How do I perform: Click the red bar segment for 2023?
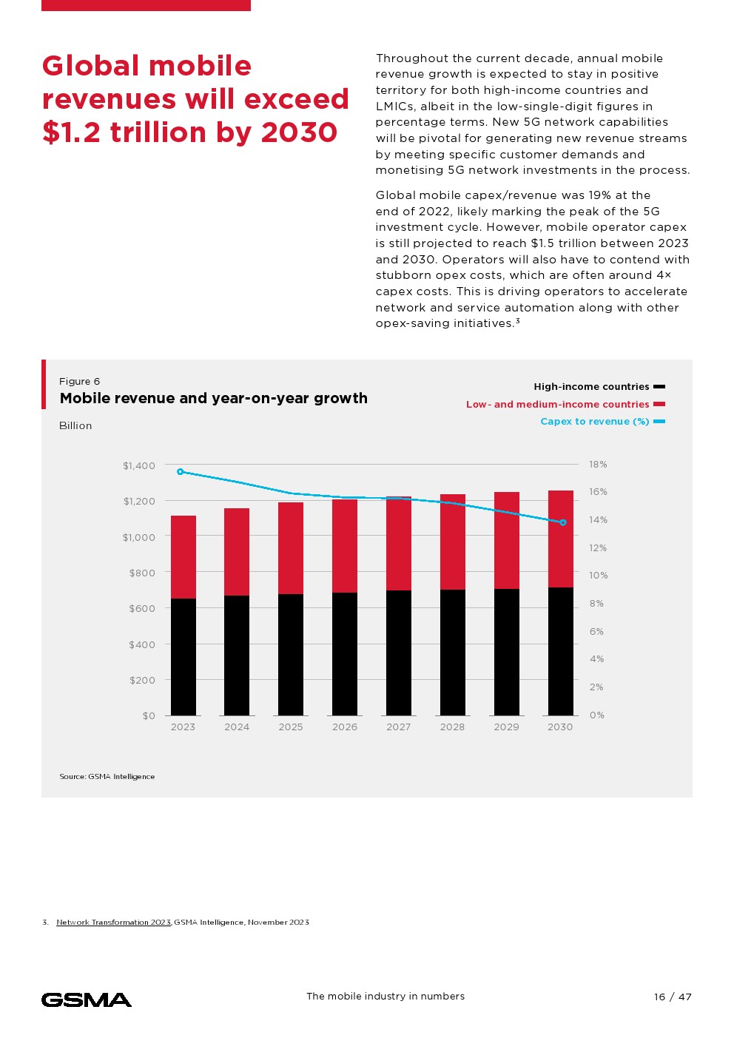pyautogui.click(x=183, y=556)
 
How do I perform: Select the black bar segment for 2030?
pyautogui.click(x=560, y=651)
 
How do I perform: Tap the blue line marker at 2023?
pyautogui.click(x=180, y=471)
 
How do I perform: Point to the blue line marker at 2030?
pyautogui.click(x=563, y=522)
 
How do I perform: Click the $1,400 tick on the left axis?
pyautogui.click(x=139, y=465)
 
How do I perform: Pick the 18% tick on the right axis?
pyautogui.click(x=598, y=464)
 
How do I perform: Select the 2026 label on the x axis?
pyautogui.click(x=345, y=727)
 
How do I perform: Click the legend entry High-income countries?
pyautogui.click(x=591, y=386)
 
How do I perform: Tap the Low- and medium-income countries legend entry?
pyautogui.click(x=557, y=404)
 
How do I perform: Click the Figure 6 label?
pyautogui.click(x=79, y=381)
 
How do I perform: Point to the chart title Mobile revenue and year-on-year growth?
pyautogui.click(x=213, y=398)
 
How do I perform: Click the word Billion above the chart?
pyautogui.click(x=75, y=425)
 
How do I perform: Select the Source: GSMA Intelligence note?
pyautogui.click(x=107, y=776)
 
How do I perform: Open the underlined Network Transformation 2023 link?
pyautogui.click(x=113, y=922)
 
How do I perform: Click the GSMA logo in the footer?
pyautogui.click(x=87, y=1000)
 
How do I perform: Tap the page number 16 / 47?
pyautogui.click(x=673, y=997)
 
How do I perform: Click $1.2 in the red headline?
pyautogui.click(x=73, y=132)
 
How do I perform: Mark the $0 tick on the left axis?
pyautogui.click(x=149, y=715)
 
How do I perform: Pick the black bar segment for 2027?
pyautogui.click(x=399, y=653)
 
